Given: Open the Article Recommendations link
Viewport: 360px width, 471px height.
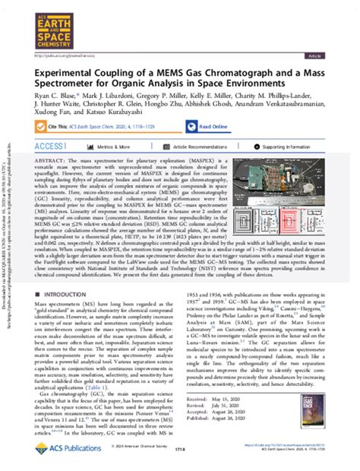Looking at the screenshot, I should pos(212,168).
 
